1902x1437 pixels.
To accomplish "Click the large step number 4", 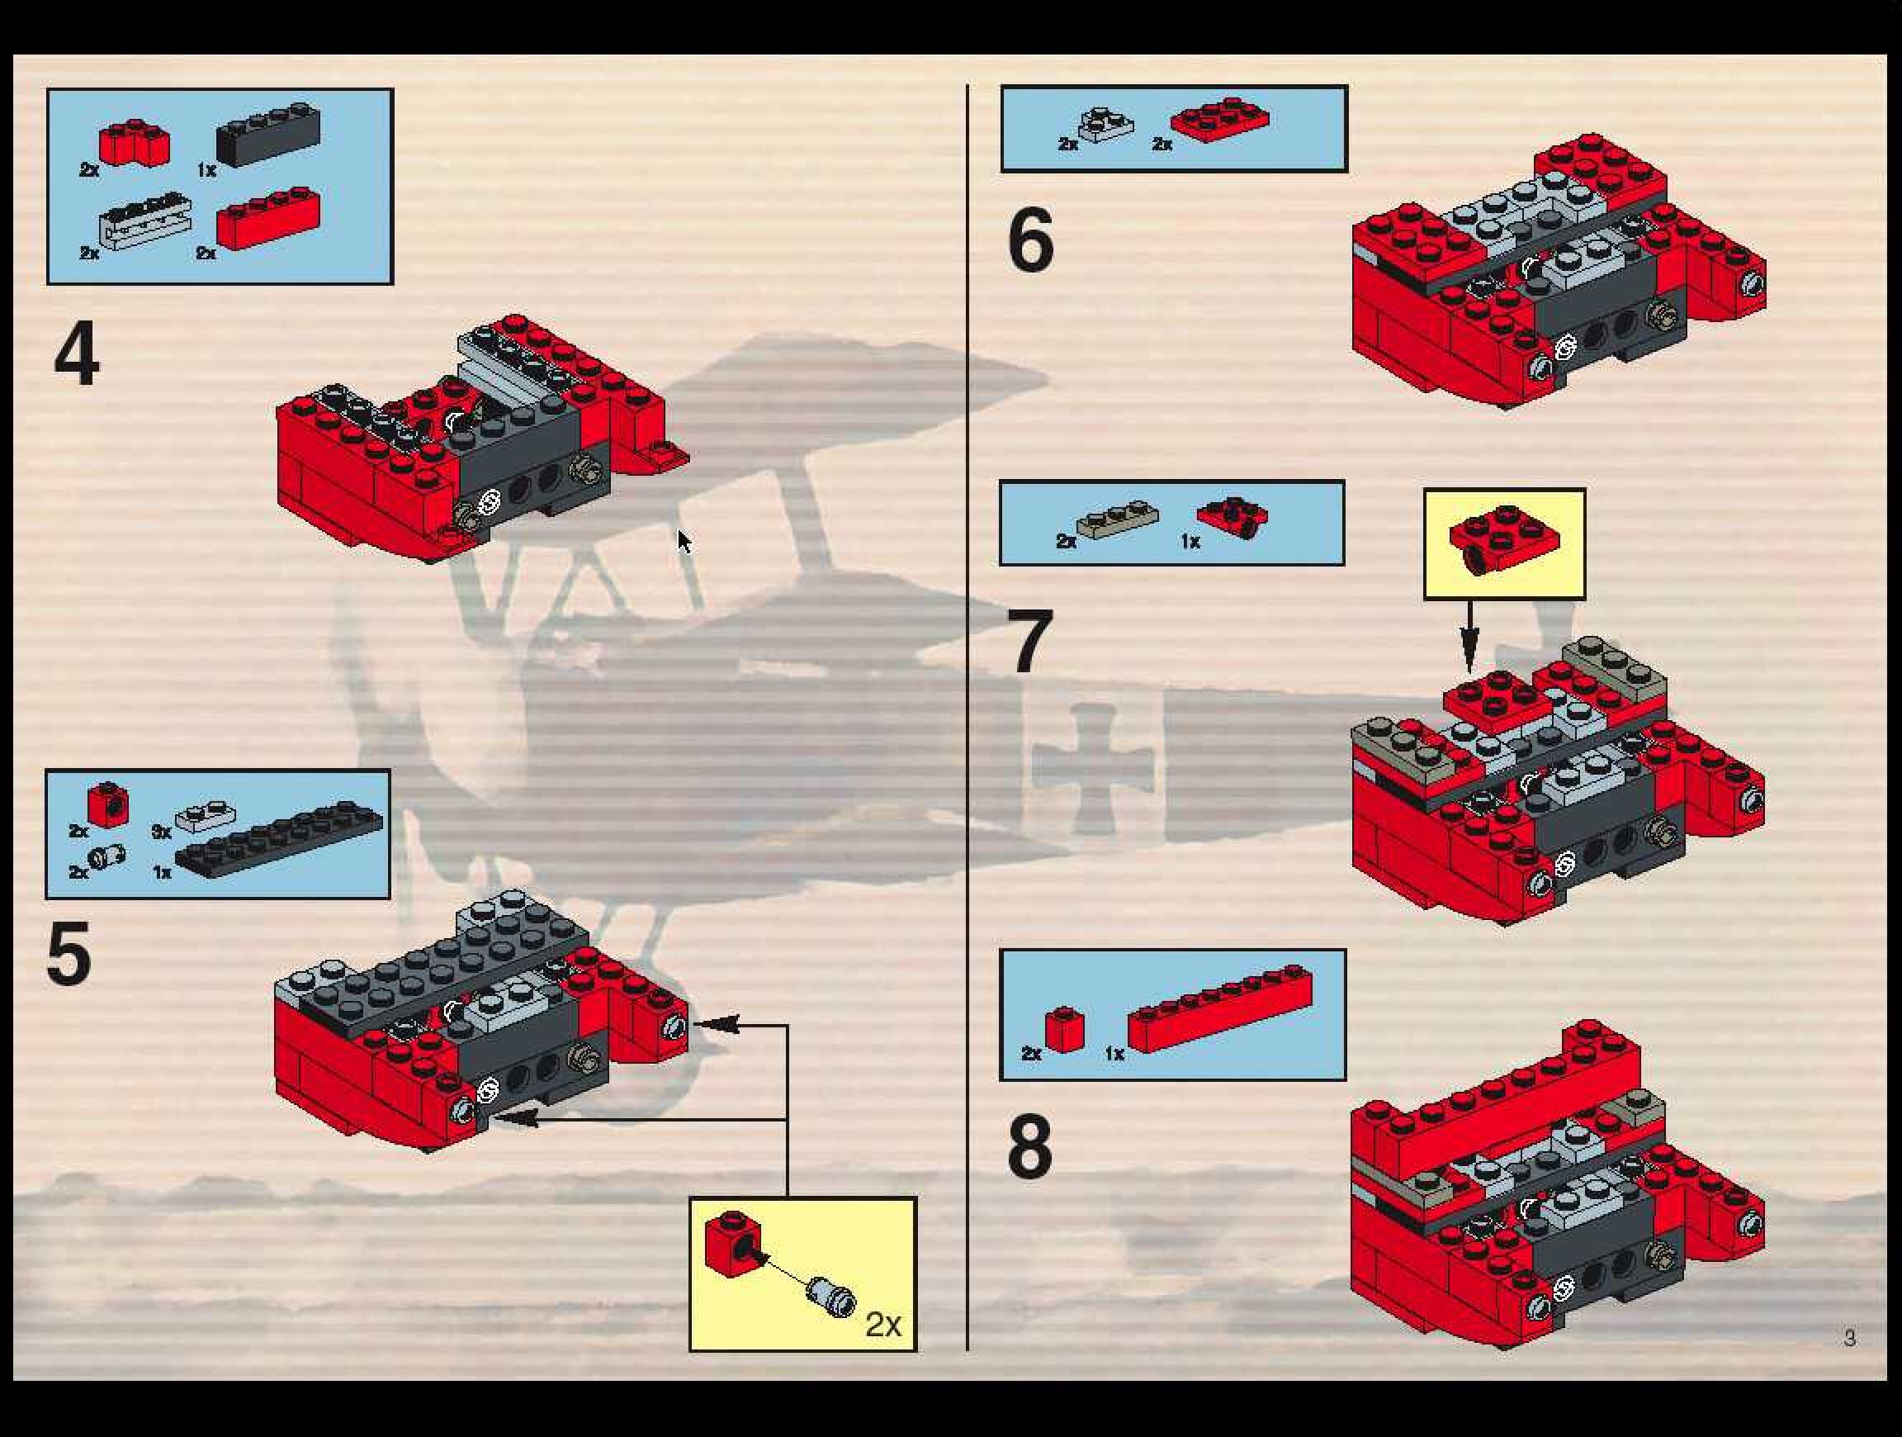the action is tap(77, 353).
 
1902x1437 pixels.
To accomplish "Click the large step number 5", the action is tap(69, 955).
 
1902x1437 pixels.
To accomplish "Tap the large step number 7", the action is tap(1030, 642).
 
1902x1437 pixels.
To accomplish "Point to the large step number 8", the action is tap(1030, 1146).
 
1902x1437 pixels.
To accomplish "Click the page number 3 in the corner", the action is tap(1848, 1338).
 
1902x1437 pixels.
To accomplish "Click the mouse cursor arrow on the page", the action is tap(684, 542).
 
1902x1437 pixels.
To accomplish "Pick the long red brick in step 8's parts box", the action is tap(1220, 1008).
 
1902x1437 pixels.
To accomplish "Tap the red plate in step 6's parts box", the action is tap(1219, 120).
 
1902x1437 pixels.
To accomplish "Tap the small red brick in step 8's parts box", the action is tap(1064, 1029).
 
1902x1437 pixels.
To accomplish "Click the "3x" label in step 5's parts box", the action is tap(161, 832).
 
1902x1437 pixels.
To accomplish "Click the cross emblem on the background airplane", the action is tap(1092, 768).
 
